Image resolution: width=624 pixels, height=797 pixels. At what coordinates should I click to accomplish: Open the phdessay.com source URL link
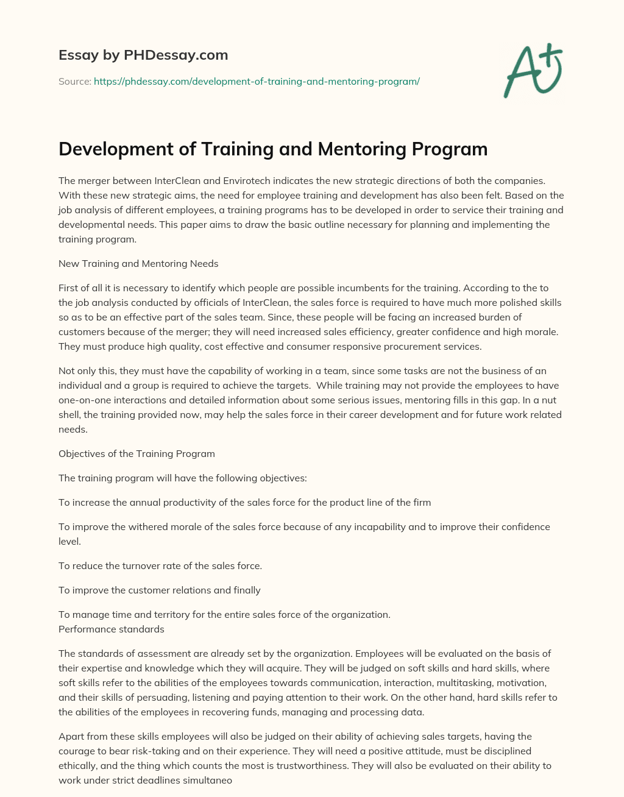257,81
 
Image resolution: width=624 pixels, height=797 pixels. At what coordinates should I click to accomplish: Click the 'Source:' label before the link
74,81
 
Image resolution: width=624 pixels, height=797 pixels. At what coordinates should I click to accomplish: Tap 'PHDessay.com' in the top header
175,55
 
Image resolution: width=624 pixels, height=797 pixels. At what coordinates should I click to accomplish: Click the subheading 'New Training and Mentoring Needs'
138,264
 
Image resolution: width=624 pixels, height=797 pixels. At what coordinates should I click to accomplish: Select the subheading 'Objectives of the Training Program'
136,454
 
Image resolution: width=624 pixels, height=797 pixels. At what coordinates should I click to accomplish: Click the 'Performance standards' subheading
112,629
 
